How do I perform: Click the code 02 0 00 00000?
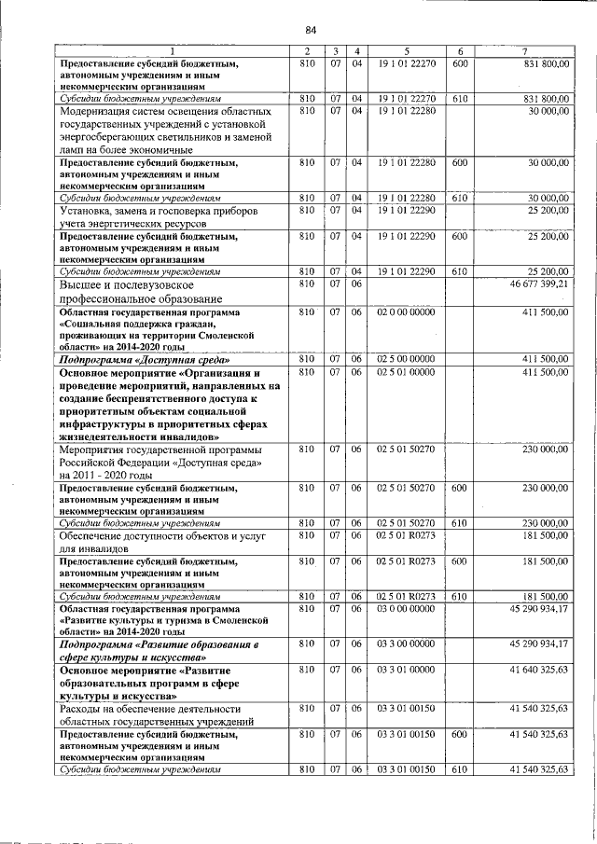406,311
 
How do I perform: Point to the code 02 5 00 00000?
406,358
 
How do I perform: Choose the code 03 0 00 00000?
406,609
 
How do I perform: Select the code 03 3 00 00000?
406,643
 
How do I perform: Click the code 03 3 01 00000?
406,670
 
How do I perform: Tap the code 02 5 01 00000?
406,372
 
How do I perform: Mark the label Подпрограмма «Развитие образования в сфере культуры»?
159,650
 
